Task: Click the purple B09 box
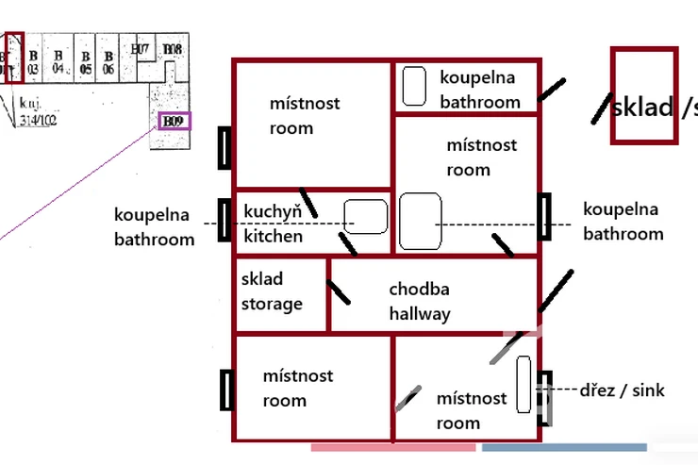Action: pyautogui.click(x=174, y=122)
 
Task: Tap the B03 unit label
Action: pyautogui.click(x=32, y=62)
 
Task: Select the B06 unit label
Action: pyautogui.click(x=108, y=62)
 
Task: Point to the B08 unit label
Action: pyautogui.click(x=173, y=49)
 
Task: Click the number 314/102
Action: pyautogui.click(x=39, y=121)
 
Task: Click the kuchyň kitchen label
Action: pyautogui.click(x=274, y=223)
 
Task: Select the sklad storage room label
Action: pyautogui.click(x=272, y=291)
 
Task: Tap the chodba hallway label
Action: pyautogui.click(x=420, y=301)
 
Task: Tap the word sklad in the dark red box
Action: pyautogui.click(x=641, y=106)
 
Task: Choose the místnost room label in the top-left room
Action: pyautogui.click(x=305, y=115)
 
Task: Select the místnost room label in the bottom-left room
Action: pyautogui.click(x=298, y=388)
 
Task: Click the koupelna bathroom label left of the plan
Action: pyautogui.click(x=155, y=226)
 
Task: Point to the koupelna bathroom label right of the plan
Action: pyautogui.click(x=623, y=222)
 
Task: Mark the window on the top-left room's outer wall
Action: pyautogui.click(x=224, y=147)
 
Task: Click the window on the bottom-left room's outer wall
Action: pyautogui.click(x=225, y=390)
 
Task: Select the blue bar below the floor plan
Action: pyautogui.click(x=564, y=447)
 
